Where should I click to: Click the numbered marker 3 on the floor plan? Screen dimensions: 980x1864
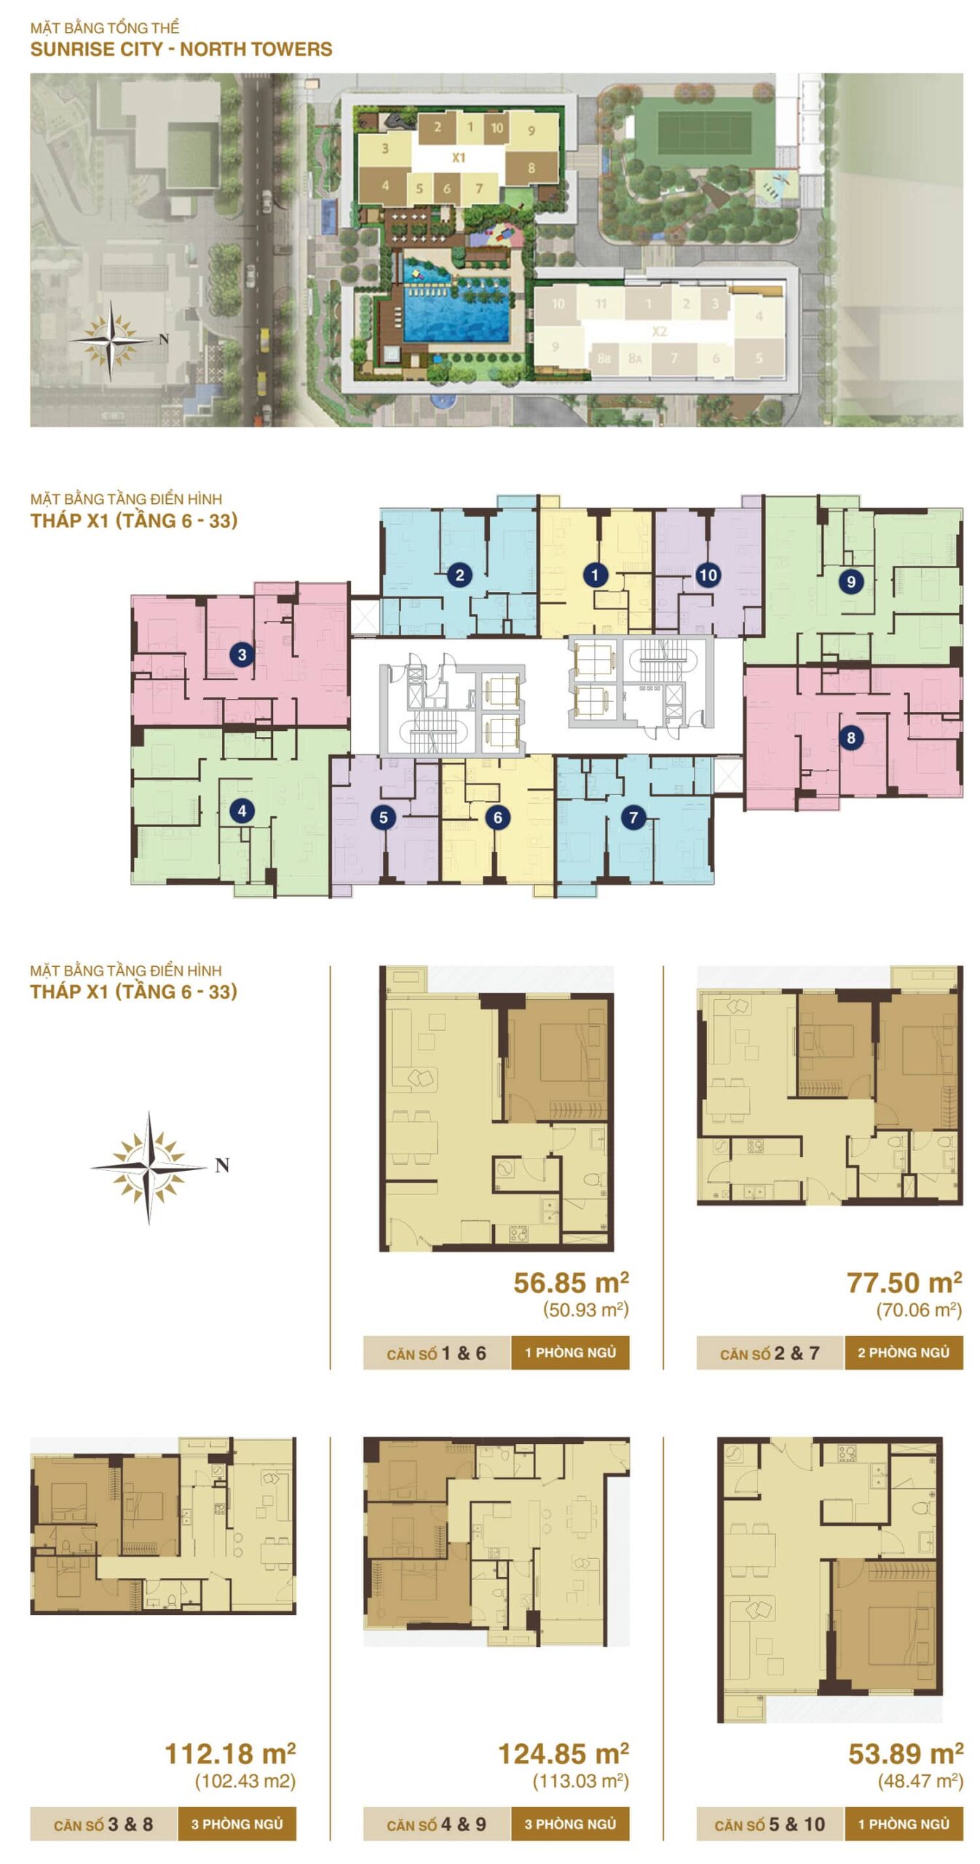coord(242,655)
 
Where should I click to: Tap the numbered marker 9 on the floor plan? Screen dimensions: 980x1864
coord(850,582)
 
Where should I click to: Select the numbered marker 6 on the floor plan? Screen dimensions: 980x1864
coord(498,817)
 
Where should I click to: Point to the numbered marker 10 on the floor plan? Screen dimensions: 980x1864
coord(708,575)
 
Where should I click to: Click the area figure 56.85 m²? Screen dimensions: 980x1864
coord(571,1282)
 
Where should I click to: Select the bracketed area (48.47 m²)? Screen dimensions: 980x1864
coord(920,1782)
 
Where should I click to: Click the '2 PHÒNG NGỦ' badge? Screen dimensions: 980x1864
coord(904,1353)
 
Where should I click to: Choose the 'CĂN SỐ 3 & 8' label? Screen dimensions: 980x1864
coord(103,1825)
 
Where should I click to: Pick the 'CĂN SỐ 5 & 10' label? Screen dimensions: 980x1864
coord(770,1825)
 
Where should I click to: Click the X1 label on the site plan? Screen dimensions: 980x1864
coord(458,157)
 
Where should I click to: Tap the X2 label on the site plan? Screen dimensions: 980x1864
coord(660,331)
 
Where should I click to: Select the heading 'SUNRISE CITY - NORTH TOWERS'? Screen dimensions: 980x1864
coord(181,50)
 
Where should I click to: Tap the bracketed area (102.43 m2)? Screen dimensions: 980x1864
coord(245,1782)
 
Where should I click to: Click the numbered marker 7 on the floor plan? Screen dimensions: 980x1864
coord(633,817)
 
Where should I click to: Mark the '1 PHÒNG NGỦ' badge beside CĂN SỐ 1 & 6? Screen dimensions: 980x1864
coord(570,1353)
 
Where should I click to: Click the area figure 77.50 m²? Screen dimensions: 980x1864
coord(904,1282)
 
